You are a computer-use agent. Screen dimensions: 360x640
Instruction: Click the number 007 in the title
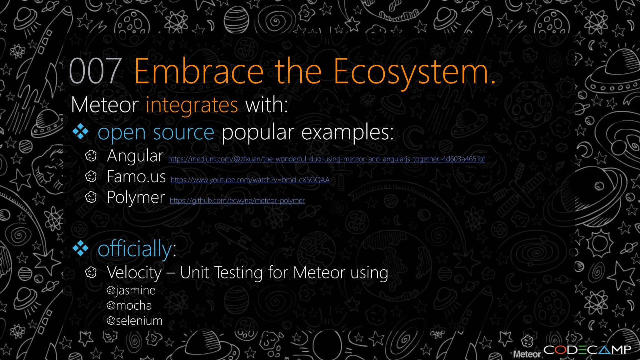pyautogui.click(x=95, y=72)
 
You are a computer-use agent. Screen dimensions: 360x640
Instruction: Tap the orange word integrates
pyautogui.click(x=192, y=105)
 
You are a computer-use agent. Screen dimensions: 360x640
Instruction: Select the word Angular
pyautogui.click(x=135, y=156)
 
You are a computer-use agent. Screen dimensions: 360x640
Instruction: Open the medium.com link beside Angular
pyautogui.click(x=327, y=159)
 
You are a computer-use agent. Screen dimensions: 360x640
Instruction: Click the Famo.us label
pyautogui.click(x=136, y=177)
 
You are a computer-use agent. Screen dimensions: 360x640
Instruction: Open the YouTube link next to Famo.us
pyautogui.click(x=250, y=180)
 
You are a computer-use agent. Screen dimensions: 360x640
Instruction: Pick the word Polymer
pyautogui.click(x=136, y=197)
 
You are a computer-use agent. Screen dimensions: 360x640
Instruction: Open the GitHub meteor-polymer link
pyautogui.click(x=237, y=201)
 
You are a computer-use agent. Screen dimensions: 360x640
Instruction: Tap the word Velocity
pyautogui.click(x=134, y=272)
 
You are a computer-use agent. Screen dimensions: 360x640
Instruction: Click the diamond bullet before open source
pyautogui.click(x=81, y=132)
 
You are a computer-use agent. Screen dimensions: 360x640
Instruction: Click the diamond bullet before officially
pyautogui.click(x=81, y=248)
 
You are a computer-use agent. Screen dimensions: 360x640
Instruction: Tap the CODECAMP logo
pyautogui.click(x=587, y=350)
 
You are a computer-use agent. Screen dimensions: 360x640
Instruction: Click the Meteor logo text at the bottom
pyautogui.click(x=527, y=354)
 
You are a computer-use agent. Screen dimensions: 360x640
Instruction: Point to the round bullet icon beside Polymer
pyautogui.click(x=91, y=197)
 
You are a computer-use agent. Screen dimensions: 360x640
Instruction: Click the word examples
pyautogui.click(x=347, y=132)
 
